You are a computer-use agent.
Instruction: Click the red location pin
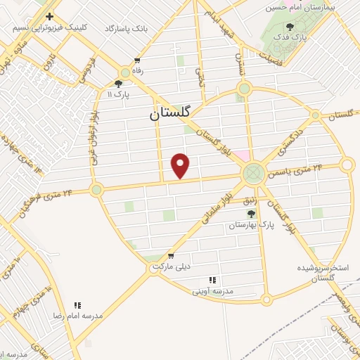click(181, 165)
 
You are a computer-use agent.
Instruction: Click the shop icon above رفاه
click(136, 60)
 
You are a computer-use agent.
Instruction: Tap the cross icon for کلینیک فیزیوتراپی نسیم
click(49, 16)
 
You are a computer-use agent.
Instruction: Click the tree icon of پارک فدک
click(290, 26)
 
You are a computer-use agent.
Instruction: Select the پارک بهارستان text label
click(255, 224)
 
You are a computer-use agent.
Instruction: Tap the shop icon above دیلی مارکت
click(170, 256)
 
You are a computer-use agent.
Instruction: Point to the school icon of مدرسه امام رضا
click(77, 305)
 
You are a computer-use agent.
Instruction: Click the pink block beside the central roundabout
click(242, 155)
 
